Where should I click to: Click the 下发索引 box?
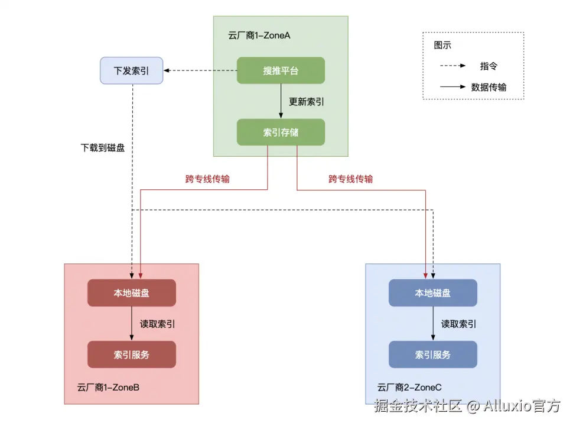131,71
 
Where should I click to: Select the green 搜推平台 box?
281,71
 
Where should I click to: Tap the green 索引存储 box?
281,133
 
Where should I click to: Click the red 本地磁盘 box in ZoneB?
131,293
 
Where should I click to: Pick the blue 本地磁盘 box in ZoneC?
432,293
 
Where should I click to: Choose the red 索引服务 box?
131,354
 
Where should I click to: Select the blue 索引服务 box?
432,354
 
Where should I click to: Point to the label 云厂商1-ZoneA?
259,35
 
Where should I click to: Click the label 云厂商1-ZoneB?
108,388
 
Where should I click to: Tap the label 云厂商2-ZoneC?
409,388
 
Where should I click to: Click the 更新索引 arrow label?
306,102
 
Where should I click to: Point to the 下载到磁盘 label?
102,148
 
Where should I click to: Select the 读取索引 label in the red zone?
157,324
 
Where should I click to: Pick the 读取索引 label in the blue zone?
458,324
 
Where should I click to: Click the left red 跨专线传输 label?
207,179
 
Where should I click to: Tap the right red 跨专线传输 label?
351,179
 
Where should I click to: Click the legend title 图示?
442,45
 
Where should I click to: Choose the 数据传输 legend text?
489,87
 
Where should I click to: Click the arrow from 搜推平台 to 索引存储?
281,101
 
